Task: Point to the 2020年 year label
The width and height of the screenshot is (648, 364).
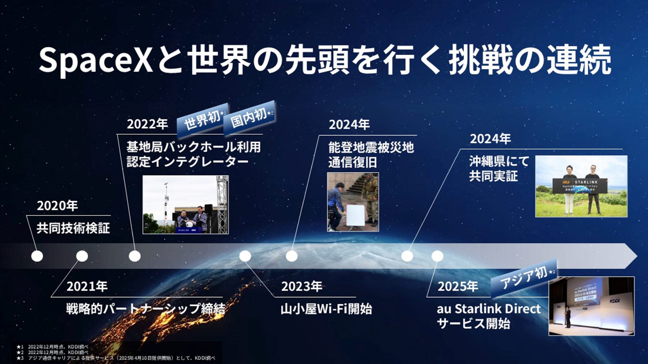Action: point(57,206)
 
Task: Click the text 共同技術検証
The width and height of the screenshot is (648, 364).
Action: point(73,228)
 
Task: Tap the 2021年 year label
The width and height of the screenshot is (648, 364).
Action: point(87,286)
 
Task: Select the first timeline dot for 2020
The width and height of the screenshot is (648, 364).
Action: point(37,256)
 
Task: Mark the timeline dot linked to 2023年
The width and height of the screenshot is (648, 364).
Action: point(245,256)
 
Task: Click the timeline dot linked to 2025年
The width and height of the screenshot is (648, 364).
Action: point(437,256)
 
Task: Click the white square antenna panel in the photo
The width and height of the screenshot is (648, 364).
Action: point(355,215)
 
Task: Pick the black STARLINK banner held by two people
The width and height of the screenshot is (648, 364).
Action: point(580,186)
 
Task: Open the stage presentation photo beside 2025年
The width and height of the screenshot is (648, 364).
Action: point(591,306)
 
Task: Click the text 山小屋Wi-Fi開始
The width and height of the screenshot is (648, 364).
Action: point(326,309)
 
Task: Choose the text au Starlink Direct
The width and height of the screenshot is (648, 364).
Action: point(488,309)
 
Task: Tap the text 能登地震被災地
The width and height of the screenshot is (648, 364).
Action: point(371,148)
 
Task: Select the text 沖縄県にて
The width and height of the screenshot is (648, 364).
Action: point(499,161)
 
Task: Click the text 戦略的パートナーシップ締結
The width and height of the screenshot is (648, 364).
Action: point(145,309)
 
